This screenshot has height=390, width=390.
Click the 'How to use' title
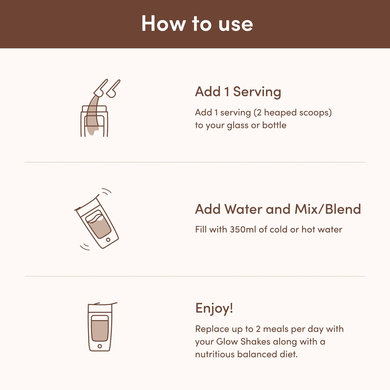(197, 23)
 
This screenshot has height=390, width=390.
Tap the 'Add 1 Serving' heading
(238, 92)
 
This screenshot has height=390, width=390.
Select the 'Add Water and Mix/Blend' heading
(278, 209)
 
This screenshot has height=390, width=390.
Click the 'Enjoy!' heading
(214, 308)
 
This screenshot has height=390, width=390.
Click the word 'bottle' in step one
(274, 125)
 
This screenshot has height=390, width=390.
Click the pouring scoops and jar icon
(99, 108)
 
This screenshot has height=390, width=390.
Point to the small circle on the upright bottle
(100, 346)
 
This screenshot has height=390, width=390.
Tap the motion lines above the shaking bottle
(107, 191)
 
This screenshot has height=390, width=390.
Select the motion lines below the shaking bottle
(85, 247)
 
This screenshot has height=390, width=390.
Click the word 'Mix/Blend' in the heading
(328, 209)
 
